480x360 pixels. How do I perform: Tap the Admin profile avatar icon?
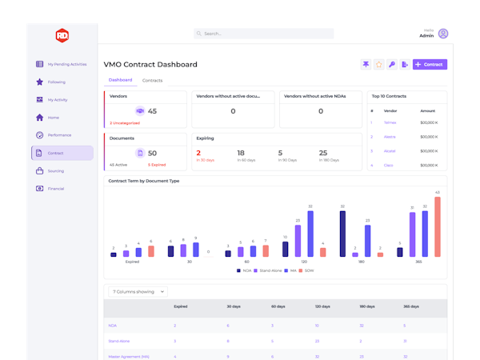443,34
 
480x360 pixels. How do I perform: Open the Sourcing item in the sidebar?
55,170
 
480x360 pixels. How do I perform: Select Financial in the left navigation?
55,188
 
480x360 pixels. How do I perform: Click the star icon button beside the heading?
379,64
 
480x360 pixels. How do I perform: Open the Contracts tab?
152,81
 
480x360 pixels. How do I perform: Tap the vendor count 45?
152,111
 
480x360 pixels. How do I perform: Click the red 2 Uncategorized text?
125,123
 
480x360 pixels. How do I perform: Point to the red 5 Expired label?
156,164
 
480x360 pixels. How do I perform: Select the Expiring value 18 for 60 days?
241,153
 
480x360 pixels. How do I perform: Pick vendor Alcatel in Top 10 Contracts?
390,150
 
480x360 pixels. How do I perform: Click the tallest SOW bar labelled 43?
438,226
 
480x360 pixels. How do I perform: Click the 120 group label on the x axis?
303,262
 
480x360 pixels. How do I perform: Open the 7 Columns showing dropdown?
138,292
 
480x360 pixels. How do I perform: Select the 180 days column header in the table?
366,306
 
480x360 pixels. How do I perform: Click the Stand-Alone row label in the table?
119,341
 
